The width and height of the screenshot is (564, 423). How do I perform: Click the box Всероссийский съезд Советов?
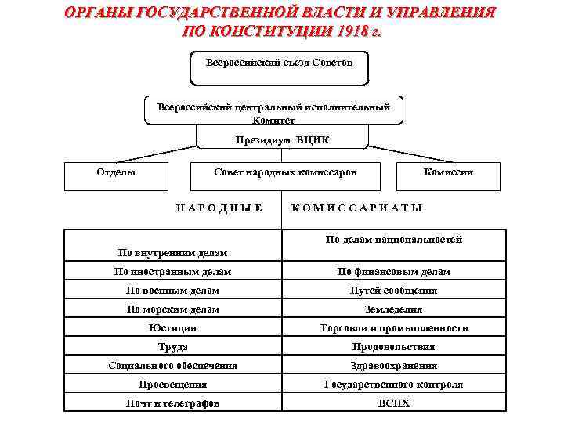[x=280, y=68]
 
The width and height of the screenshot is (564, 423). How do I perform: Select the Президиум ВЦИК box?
[x=282, y=139]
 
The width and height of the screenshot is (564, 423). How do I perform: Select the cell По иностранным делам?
[x=172, y=272]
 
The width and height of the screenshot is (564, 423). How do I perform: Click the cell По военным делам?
[x=172, y=291]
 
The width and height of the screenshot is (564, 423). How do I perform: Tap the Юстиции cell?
[x=172, y=328]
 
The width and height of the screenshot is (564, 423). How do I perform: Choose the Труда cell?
[x=172, y=347]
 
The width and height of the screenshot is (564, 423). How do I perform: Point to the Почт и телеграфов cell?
[x=172, y=403]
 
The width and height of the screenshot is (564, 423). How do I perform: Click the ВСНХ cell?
[x=394, y=403]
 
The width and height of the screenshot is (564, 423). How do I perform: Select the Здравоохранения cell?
[x=394, y=366]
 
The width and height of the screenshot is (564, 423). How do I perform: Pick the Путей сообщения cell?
[x=394, y=291]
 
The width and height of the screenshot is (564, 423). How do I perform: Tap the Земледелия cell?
[x=394, y=309]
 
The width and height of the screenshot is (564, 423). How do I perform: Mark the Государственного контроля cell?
[x=394, y=385]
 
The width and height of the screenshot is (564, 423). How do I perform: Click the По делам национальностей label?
[x=394, y=240]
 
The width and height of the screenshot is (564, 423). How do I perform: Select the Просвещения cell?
[x=172, y=385]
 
